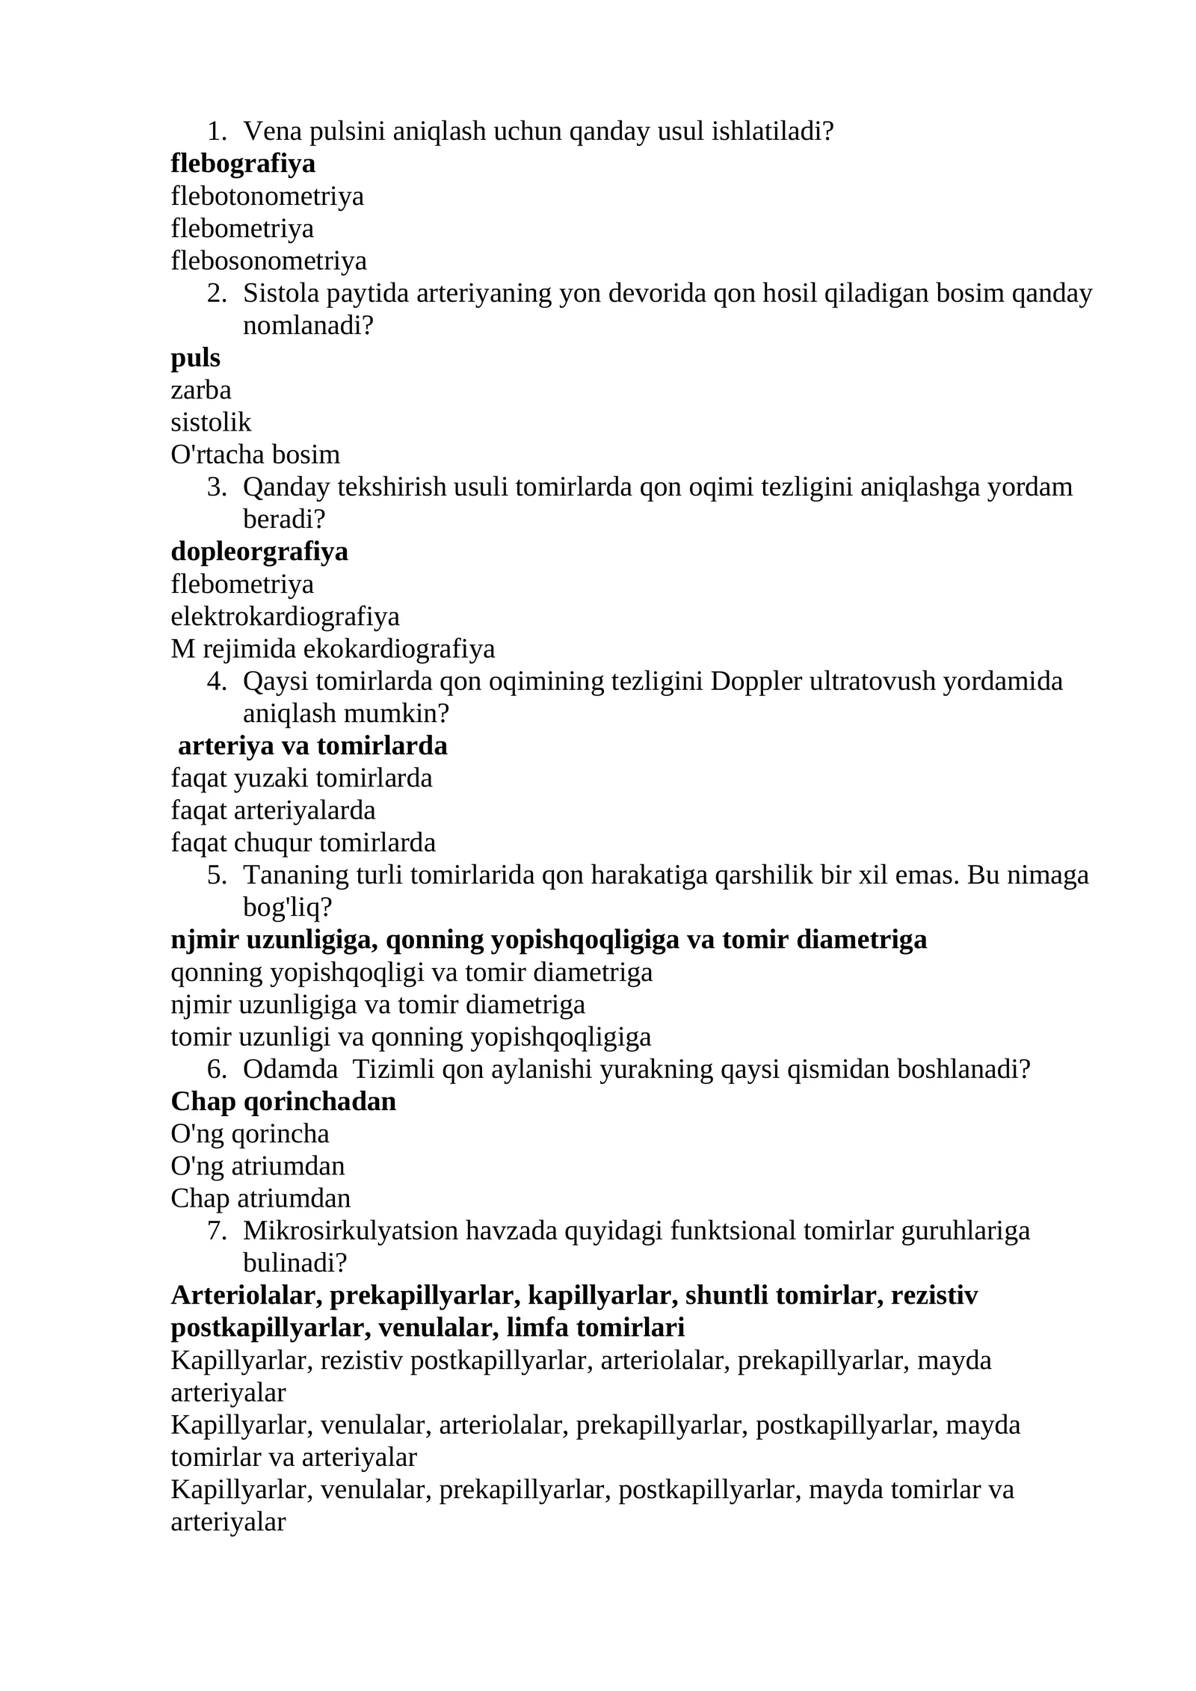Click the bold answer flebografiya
point(243,164)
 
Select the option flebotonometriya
point(267,196)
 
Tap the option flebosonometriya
point(268,261)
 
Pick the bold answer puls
point(195,358)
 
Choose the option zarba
point(200,390)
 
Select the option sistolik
point(211,422)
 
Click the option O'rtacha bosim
point(255,455)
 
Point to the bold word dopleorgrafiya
point(259,552)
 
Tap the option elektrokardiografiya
point(285,617)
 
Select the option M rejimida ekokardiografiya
point(333,649)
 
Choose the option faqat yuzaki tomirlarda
point(301,778)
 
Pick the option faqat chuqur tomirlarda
point(303,843)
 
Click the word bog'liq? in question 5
point(287,908)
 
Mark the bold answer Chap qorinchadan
point(283,1101)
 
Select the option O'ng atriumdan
point(257,1166)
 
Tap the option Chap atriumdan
point(260,1198)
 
